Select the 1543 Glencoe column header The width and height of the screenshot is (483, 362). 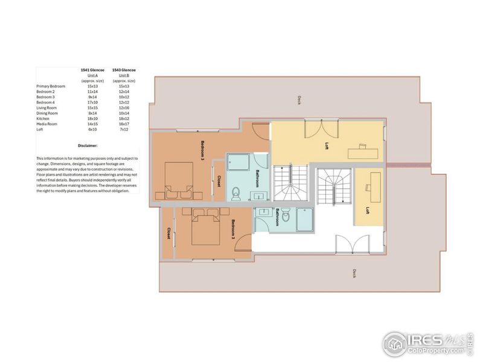click(124, 70)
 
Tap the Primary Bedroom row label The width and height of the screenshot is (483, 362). click(51, 86)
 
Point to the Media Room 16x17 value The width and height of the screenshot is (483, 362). click(124, 124)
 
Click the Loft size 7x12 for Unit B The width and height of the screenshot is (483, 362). click(124, 130)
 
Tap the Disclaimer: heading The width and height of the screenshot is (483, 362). click(88, 145)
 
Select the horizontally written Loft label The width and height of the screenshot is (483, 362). click(325, 145)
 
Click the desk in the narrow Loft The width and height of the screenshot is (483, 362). click(370, 180)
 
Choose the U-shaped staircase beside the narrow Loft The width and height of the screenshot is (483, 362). click(333, 187)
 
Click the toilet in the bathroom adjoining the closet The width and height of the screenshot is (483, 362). click(237, 192)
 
